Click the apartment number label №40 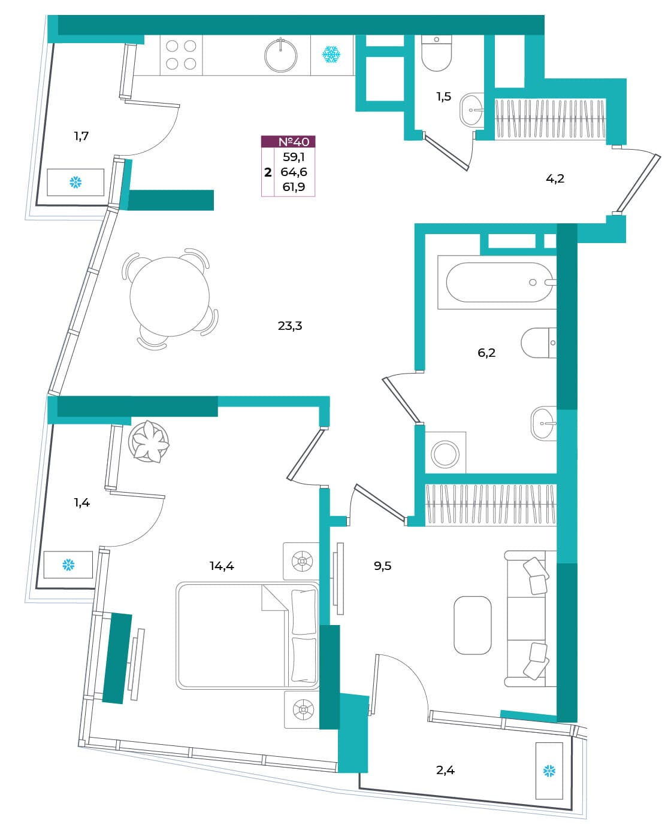click(x=294, y=142)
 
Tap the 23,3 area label click(x=290, y=326)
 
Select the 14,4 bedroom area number click(x=222, y=566)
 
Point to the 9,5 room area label click(x=382, y=566)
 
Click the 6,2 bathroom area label click(x=486, y=353)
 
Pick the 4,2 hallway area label click(x=555, y=178)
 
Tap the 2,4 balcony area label click(x=445, y=771)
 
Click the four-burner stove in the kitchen click(x=182, y=55)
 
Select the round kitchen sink click(x=281, y=56)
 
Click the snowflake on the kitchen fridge click(x=331, y=54)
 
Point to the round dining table click(x=170, y=296)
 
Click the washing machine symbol click(x=445, y=453)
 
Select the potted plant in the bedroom click(x=149, y=441)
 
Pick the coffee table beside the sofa click(x=472, y=625)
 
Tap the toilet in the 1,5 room click(x=436, y=53)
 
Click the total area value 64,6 click(x=294, y=172)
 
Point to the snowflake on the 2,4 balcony click(x=549, y=772)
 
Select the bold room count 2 click(x=268, y=172)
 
